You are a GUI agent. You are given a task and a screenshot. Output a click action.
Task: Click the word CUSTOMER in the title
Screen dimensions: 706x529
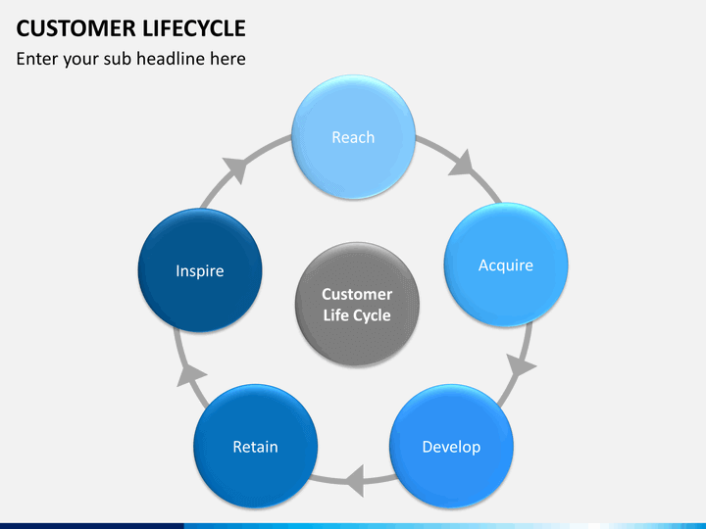76,28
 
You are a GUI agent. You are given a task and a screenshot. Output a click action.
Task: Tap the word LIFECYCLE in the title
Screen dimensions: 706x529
194,28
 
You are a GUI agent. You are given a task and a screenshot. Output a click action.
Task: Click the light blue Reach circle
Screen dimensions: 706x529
353,137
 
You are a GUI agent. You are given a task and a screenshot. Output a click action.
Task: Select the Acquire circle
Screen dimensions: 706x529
506,264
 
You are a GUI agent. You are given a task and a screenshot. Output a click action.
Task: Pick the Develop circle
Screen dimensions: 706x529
451,447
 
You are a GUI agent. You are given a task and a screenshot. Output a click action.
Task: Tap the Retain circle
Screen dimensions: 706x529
255,447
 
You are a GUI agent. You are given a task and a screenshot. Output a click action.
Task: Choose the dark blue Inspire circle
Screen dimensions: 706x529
200,270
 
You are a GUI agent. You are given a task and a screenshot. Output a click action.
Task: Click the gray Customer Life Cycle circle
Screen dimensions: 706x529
357,304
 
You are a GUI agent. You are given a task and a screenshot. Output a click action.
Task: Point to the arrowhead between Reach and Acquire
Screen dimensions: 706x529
462,164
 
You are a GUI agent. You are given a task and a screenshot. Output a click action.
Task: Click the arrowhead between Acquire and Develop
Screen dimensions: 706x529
520,364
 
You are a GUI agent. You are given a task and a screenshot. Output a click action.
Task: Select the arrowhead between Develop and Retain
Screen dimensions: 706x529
355,481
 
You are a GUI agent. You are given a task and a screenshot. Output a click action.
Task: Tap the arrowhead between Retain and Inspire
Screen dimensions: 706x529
190,374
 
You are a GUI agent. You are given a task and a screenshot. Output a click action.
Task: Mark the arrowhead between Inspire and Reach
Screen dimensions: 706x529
236,168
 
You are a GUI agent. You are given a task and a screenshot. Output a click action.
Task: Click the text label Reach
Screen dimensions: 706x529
353,137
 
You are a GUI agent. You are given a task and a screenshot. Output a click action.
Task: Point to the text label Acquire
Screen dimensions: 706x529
506,265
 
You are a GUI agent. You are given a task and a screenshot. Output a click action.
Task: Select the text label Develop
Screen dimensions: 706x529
451,447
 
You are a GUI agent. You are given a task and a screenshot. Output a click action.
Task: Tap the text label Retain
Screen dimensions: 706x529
255,447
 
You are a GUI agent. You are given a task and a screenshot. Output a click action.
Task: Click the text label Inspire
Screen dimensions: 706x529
200,270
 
